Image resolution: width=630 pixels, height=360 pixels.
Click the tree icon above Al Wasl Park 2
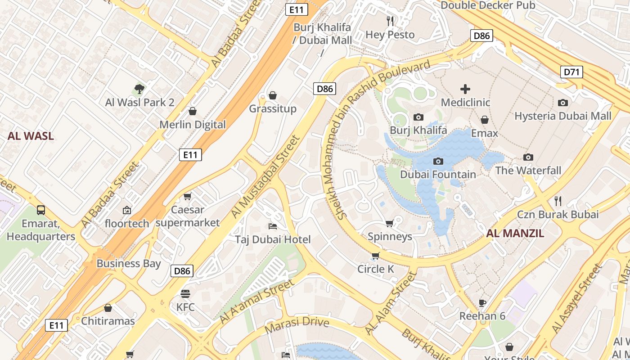point(139,89)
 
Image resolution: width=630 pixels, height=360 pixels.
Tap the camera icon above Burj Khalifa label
point(418,117)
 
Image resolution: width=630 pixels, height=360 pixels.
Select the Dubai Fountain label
point(438,175)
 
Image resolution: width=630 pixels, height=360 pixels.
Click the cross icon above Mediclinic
point(465,89)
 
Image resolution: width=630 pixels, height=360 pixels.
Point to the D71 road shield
point(571,72)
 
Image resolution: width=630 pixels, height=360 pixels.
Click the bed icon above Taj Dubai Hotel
point(272,226)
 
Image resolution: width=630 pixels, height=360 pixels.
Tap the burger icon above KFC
point(185,294)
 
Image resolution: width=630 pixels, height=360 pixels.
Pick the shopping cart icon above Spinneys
point(390,223)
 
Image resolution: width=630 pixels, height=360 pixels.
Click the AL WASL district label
point(31,136)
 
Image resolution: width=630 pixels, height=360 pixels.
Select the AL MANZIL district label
point(515,233)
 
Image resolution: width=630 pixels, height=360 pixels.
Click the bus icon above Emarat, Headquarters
point(41,210)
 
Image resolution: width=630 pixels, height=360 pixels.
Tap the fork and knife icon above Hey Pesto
point(390,21)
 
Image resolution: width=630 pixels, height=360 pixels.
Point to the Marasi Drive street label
point(297,325)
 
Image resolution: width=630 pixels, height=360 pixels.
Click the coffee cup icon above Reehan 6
point(482,302)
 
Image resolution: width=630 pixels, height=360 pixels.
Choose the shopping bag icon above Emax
point(485,120)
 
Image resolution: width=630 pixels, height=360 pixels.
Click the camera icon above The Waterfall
point(528,157)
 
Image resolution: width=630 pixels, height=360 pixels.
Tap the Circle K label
point(375,269)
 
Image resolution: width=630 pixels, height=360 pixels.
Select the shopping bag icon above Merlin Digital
point(193,111)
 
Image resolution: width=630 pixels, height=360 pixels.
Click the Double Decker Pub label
point(488,5)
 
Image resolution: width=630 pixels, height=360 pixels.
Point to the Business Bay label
point(128,263)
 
